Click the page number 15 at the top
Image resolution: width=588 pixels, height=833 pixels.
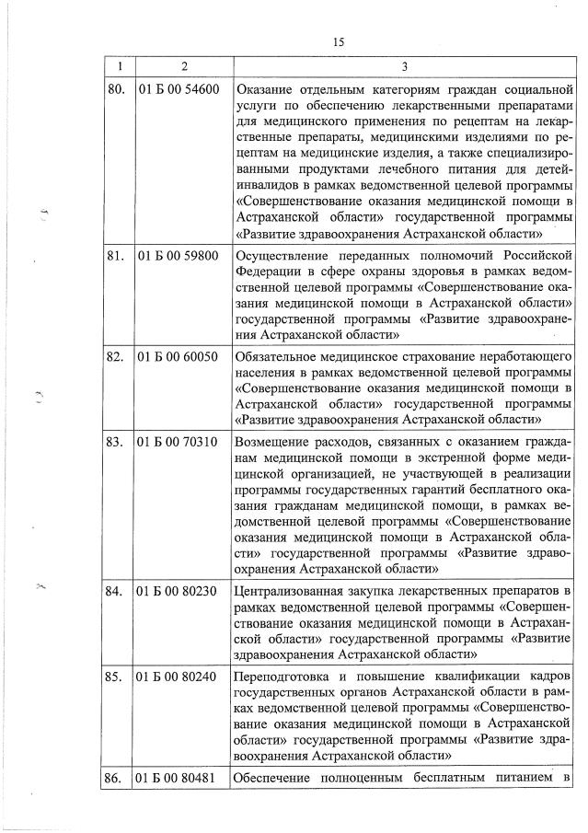[339, 41]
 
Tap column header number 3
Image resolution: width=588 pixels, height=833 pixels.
[405, 66]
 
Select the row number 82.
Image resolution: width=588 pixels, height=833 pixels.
[115, 356]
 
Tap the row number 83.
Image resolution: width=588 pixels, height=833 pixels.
[115, 442]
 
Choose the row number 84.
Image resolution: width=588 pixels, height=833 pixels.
[115, 590]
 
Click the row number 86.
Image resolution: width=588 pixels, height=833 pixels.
[115, 781]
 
